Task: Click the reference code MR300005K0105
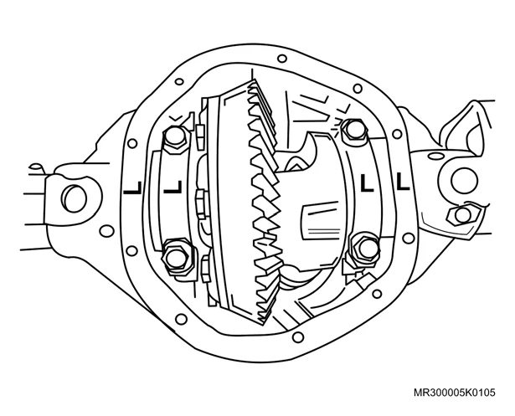click(x=454, y=393)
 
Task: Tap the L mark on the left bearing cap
click(x=173, y=187)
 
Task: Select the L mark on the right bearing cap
click(x=367, y=183)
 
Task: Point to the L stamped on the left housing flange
click(x=132, y=187)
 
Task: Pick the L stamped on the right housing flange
click(x=403, y=182)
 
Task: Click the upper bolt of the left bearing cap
click(x=175, y=139)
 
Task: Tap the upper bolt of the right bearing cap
click(x=353, y=131)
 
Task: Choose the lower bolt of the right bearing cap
click(x=365, y=249)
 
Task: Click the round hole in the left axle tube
click(x=75, y=198)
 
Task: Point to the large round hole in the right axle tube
click(x=464, y=180)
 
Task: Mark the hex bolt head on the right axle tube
click(x=463, y=214)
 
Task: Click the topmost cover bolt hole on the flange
click(x=282, y=59)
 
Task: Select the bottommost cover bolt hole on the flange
click(x=297, y=336)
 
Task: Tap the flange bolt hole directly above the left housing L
click(x=132, y=143)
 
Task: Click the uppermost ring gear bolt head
click(x=201, y=136)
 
